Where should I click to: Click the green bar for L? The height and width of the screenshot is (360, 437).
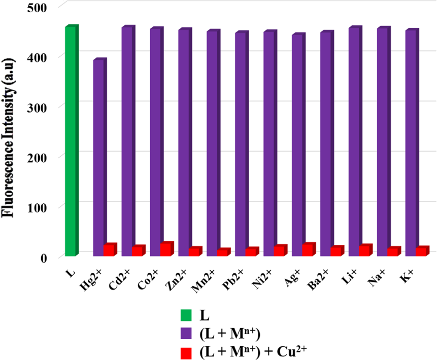[x=71, y=142]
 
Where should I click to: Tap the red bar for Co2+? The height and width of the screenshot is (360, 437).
[x=166, y=249]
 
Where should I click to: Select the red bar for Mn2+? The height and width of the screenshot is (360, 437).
[x=223, y=252]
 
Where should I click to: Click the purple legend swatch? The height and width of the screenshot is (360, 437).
[x=188, y=334]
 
